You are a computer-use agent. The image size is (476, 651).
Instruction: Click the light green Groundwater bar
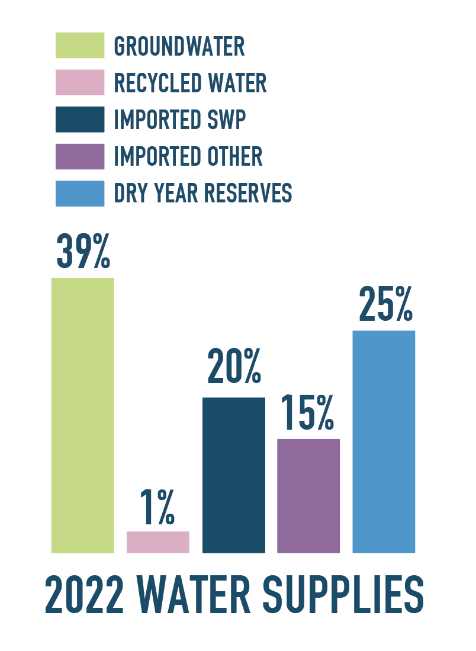[x=82, y=415]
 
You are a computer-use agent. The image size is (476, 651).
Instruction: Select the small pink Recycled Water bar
[x=157, y=542]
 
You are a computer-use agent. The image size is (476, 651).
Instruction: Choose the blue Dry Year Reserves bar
[x=384, y=441]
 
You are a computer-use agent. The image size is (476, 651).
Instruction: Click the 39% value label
[x=83, y=251]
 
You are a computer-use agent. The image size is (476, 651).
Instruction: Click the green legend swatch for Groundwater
[x=80, y=46]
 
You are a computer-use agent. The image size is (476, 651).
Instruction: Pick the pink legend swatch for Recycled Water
[x=80, y=83]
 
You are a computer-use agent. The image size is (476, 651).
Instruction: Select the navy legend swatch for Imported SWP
[x=80, y=120]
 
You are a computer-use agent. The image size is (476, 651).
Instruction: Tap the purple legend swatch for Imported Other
[x=80, y=156]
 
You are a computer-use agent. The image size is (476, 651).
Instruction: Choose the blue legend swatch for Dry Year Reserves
[x=80, y=194]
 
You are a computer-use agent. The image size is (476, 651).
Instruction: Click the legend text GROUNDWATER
[x=179, y=46]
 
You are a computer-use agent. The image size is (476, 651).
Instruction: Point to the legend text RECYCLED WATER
[x=190, y=83]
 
